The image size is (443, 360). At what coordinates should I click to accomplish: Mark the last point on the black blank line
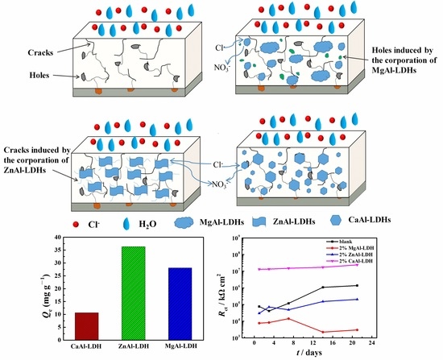pos(402,285)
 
